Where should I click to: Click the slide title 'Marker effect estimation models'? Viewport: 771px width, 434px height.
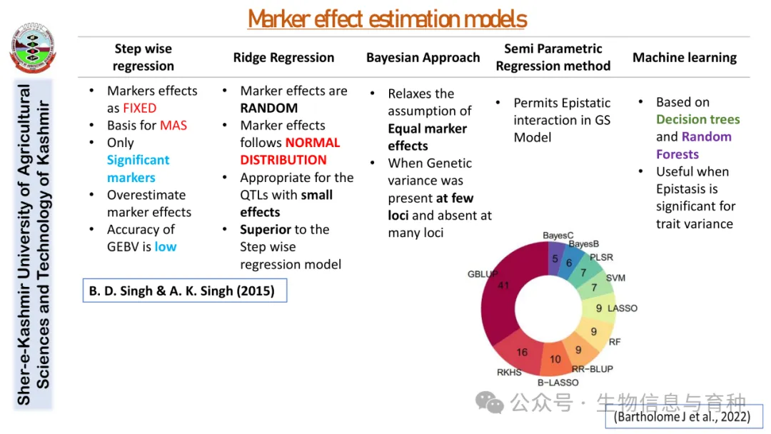[387, 19]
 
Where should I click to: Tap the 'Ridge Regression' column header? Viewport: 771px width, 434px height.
[283, 58]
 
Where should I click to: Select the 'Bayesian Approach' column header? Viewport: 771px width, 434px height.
[423, 58]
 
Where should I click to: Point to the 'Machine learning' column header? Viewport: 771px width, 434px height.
[684, 58]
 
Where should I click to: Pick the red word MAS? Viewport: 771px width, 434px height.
[173, 126]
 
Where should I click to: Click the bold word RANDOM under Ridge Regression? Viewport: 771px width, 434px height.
[268, 108]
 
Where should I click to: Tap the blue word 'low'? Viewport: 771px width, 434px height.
[165, 247]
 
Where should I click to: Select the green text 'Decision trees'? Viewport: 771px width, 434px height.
[697, 120]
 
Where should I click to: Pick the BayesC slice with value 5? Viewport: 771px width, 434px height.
[555, 258]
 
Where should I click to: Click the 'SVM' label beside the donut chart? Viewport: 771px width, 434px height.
[615, 277]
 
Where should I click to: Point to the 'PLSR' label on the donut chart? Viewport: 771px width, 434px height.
[601, 257]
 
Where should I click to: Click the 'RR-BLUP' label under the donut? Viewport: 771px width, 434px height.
[592, 369]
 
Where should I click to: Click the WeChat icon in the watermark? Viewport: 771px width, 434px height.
[490, 403]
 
